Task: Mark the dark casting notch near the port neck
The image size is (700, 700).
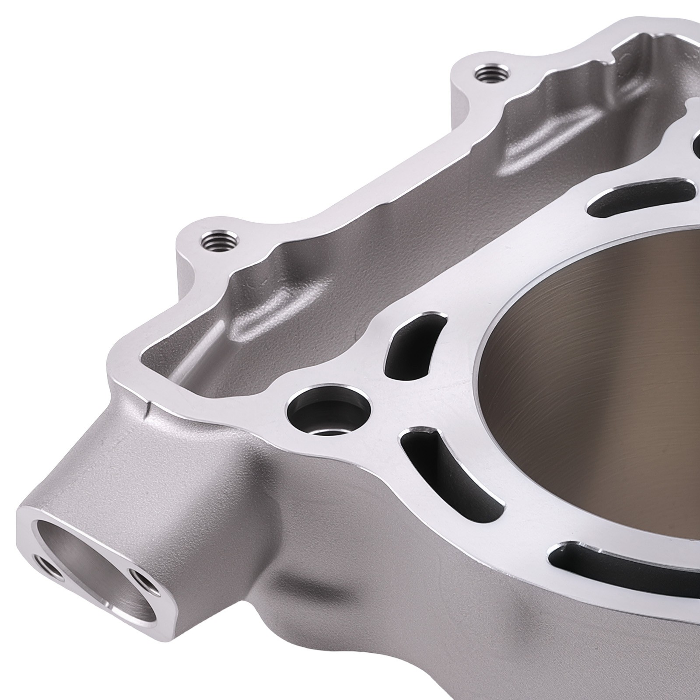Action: (149, 409)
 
